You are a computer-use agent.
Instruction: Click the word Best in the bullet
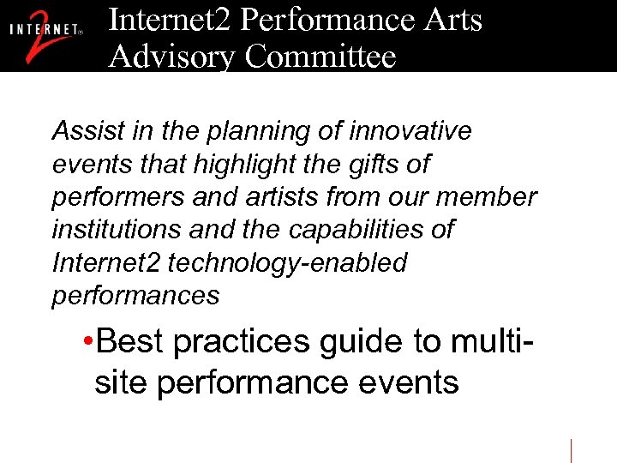coord(131,341)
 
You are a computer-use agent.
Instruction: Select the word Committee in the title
coord(320,57)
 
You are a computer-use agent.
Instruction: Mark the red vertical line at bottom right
coord(572,450)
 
